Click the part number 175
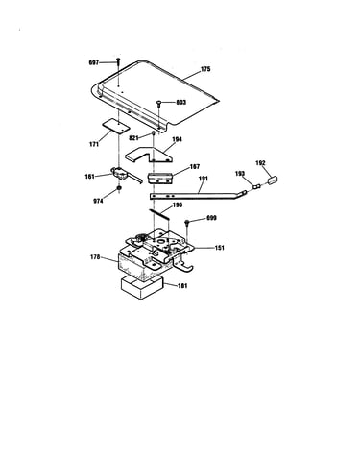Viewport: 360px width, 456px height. coord(205,69)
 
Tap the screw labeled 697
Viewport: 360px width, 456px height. coord(118,61)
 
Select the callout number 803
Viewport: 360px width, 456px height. coord(180,103)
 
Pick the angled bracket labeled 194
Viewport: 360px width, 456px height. coord(148,155)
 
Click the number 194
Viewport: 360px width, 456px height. coord(177,139)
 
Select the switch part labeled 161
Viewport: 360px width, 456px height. coord(126,175)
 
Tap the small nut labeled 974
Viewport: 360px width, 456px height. coord(119,188)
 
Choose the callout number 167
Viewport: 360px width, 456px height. coord(195,167)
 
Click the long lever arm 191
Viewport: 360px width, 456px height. coord(198,195)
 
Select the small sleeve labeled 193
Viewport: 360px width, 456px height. coord(256,185)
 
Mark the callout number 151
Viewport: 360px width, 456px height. coord(219,248)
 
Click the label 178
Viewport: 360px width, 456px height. coord(95,257)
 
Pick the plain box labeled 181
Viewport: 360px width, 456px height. coord(142,287)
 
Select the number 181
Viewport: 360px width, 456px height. coord(182,286)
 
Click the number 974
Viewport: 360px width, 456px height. coord(98,202)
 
